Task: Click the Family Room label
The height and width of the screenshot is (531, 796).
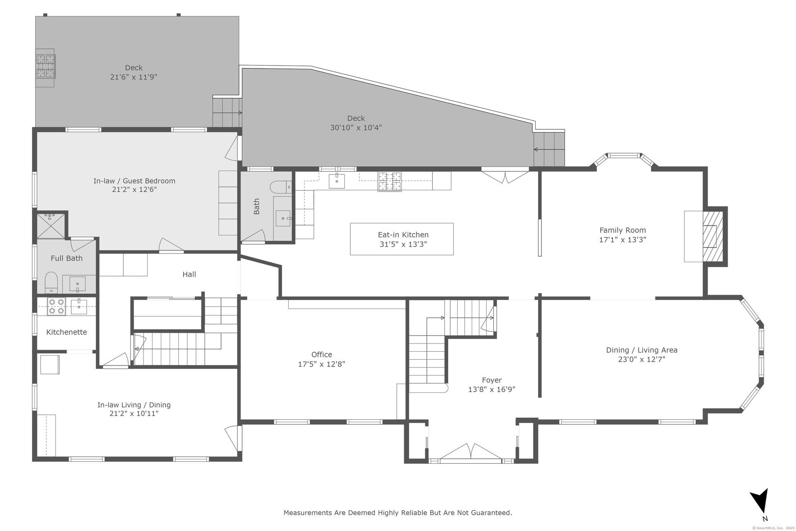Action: pos(622,230)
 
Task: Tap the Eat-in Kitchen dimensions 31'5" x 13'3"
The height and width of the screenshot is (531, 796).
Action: pos(403,244)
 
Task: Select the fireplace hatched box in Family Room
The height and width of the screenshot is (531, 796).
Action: pos(713,236)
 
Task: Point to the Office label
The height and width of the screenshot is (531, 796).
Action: pos(322,355)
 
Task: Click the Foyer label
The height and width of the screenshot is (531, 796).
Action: pos(492,380)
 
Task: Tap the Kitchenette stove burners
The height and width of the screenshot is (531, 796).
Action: pos(57,307)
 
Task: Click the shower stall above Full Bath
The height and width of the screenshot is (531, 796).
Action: pos(51,226)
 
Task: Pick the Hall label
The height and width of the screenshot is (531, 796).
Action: pos(189,274)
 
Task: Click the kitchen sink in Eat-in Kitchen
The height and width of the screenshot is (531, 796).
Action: pos(337,181)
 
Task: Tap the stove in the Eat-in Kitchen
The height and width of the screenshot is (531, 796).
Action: pos(389,181)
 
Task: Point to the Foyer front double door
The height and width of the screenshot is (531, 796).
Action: pos(471,453)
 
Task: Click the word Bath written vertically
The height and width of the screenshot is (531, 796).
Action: pos(257,207)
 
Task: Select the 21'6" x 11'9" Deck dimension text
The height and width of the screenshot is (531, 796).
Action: pos(133,77)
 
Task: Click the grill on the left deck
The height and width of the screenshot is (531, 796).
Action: pos(46,67)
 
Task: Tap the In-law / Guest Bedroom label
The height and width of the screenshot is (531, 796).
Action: pos(134,181)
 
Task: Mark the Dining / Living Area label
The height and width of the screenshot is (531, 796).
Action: pos(642,350)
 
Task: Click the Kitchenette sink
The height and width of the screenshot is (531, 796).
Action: pos(78,307)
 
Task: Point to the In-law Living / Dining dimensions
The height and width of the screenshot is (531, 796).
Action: pos(134,414)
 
